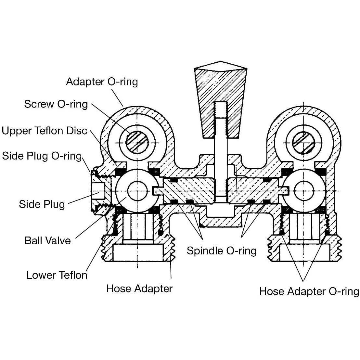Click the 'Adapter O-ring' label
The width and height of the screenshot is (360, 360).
coord(102,81)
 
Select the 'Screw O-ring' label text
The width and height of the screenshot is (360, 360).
coord(56,104)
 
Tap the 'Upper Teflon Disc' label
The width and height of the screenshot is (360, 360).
coord(45,131)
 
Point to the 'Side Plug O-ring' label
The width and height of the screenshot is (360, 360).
coord(42,156)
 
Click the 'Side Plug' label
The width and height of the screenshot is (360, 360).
coord(42,204)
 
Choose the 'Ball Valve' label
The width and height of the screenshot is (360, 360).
coord(47,241)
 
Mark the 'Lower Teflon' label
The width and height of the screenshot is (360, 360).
coord(57,275)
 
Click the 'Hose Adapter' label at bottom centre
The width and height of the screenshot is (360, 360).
coord(139,288)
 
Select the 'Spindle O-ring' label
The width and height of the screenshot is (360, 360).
coord(222,251)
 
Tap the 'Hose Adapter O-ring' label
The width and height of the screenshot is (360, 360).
coord(309,291)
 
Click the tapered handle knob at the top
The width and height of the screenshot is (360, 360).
coord(220,88)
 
